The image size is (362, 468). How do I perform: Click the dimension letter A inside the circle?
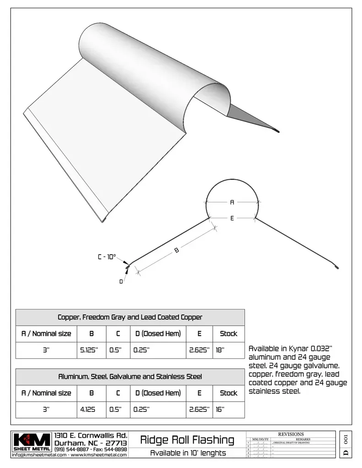tap(232, 202)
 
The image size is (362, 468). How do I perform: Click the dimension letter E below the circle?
tap(232, 218)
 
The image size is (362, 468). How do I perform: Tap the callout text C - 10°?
tap(107, 257)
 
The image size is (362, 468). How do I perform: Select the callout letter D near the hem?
tap(121, 282)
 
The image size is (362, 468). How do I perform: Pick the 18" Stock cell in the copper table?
tap(220, 350)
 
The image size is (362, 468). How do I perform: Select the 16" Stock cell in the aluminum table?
tap(220, 409)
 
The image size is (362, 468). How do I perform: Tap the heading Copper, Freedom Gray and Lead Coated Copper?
tap(130, 317)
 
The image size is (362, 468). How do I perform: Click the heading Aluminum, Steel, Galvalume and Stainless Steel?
tap(130, 377)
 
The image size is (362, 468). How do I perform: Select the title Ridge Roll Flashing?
tap(187, 440)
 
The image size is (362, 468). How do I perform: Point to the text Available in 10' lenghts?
tap(187, 453)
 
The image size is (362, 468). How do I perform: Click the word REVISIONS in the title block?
tap(290, 434)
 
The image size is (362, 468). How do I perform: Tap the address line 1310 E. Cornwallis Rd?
tap(91, 436)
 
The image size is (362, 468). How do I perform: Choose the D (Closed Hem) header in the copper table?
tap(158, 334)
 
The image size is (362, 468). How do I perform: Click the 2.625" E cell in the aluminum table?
tap(199, 409)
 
